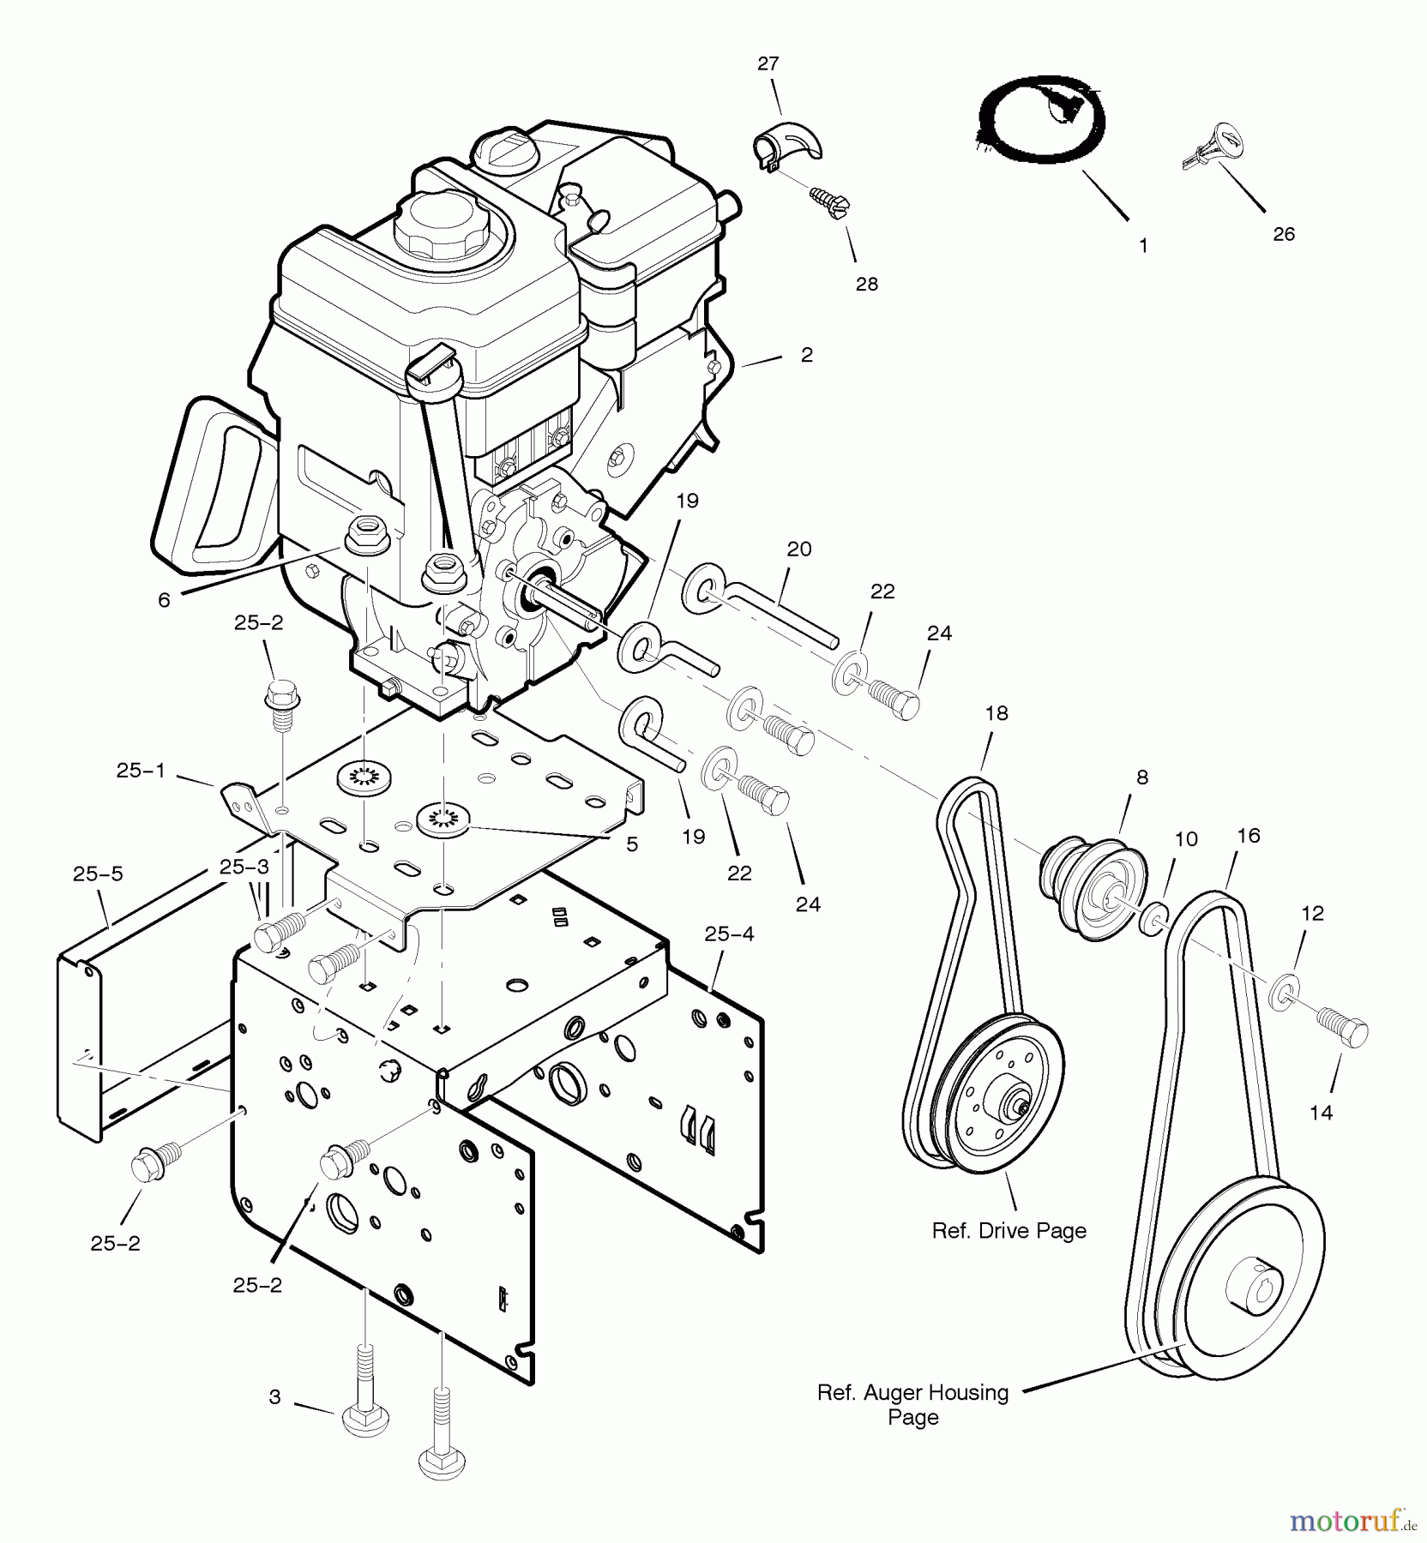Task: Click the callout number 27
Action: click(x=768, y=63)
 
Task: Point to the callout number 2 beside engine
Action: click(x=806, y=355)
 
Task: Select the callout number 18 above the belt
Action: click(x=996, y=713)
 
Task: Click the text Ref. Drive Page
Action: click(x=1009, y=1231)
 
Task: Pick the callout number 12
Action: click(x=1312, y=914)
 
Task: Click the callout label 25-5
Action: click(x=98, y=874)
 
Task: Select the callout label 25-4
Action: click(x=729, y=934)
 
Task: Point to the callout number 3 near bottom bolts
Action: click(x=274, y=1397)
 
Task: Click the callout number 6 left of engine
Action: click(x=164, y=600)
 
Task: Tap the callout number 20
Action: click(x=798, y=549)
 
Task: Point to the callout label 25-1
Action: click(x=141, y=771)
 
